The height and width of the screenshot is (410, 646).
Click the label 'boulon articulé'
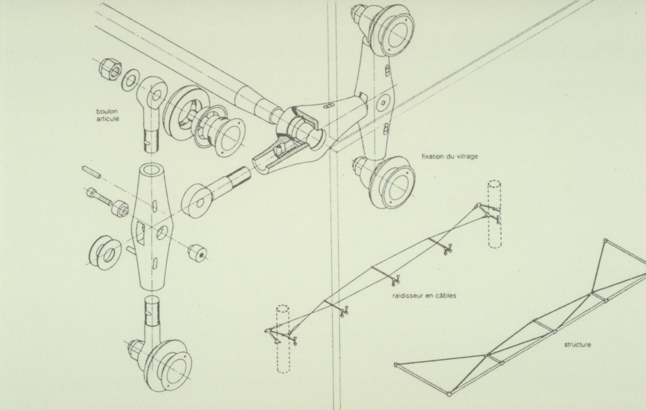point(107,115)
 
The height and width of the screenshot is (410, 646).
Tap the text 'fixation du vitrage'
point(450,156)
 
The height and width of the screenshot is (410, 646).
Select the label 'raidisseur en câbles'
point(424,296)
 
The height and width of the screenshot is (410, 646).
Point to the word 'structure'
point(577,344)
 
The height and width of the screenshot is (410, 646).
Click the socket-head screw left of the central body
point(99,196)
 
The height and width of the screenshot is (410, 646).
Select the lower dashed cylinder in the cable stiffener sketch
point(283,339)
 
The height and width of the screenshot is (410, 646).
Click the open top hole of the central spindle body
point(151,170)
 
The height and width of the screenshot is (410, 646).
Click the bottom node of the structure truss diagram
point(449,401)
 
